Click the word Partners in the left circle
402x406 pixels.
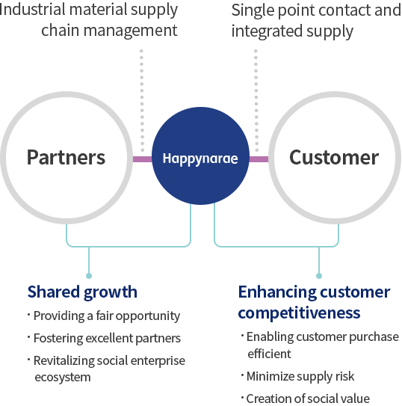66,157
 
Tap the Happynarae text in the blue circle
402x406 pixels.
200,159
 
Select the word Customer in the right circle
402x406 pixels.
334,157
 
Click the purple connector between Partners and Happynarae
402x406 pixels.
142,159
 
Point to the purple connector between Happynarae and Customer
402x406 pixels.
259,159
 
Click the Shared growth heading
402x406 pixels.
82,292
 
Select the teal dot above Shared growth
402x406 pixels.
89,276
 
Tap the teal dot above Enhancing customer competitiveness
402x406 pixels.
319,276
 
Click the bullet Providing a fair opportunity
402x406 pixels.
104,316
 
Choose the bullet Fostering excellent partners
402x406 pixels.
105,338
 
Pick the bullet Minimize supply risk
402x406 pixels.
297,376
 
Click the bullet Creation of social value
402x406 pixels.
306,399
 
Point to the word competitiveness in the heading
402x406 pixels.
299,313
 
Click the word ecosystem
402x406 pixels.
63,378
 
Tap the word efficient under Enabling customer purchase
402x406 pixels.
269,354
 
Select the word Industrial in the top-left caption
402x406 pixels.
32,9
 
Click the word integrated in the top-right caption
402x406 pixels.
266,31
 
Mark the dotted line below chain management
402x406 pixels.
142,101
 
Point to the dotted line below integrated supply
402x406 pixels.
256,101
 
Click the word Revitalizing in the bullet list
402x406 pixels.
64,361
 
